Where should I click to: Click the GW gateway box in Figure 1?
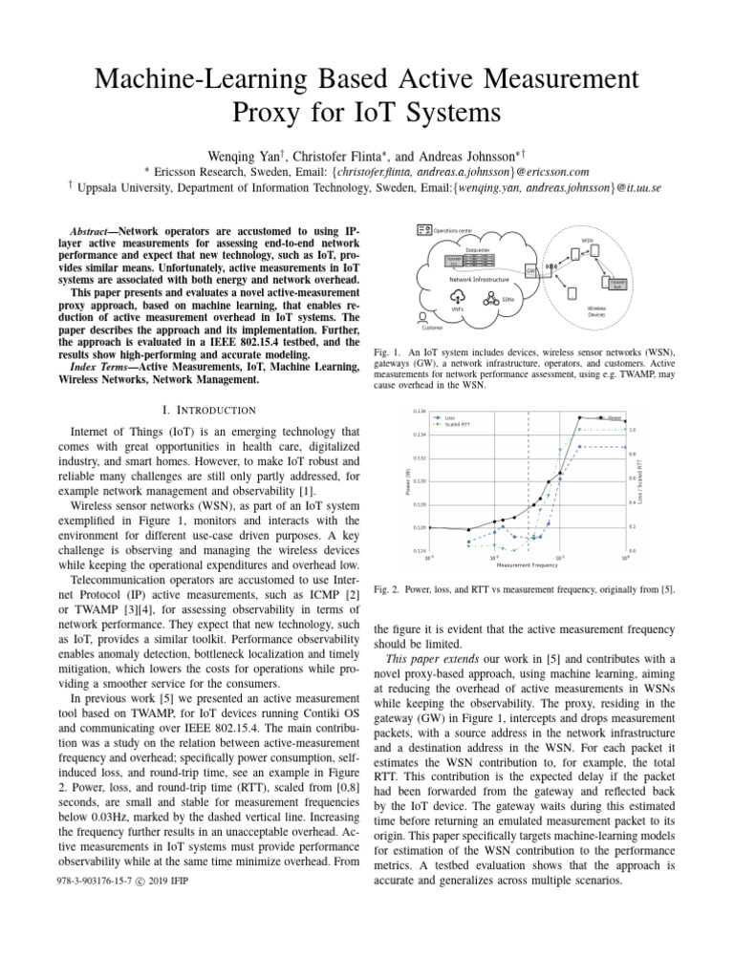[x=529, y=270]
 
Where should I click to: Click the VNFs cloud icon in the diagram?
[x=460, y=295]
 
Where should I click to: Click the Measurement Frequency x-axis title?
[x=527, y=564]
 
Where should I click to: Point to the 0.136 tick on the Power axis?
[x=420, y=411]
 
